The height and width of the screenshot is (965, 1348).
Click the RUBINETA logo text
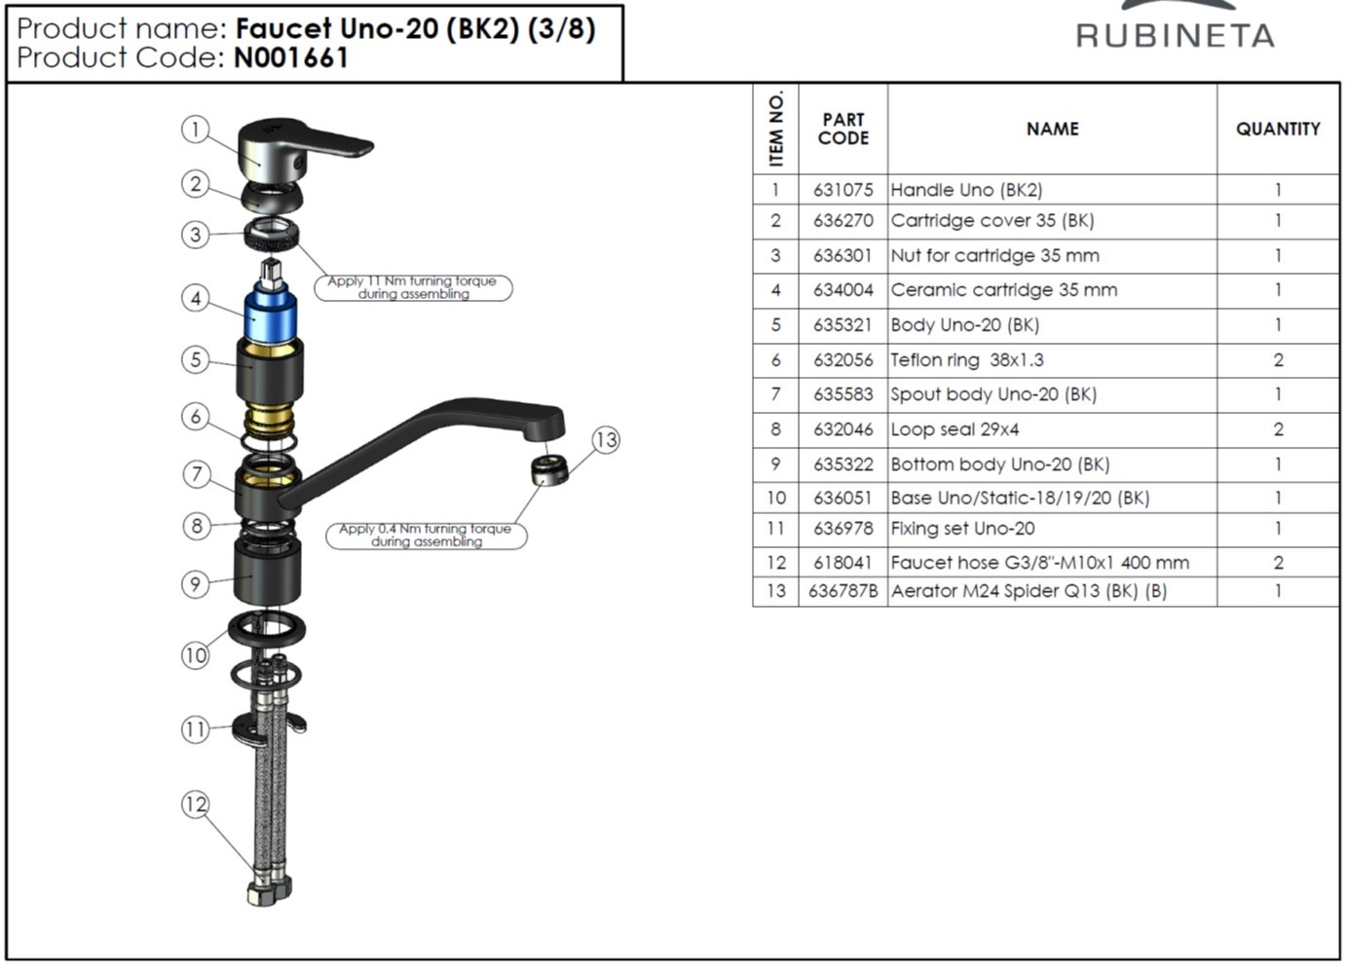[1175, 35]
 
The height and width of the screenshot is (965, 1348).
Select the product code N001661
[290, 57]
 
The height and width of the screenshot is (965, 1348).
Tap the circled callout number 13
[606, 440]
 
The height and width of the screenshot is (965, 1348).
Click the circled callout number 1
[196, 130]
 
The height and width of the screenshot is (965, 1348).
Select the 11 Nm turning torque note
[413, 287]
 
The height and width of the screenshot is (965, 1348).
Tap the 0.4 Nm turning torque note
[426, 535]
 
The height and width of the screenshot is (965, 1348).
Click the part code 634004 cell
[843, 290]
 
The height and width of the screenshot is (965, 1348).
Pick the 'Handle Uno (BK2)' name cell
[1052, 190]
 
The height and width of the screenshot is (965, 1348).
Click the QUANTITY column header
[1278, 129]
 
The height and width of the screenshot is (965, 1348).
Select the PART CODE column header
[843, 129]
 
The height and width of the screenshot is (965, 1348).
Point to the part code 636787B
[843, 591]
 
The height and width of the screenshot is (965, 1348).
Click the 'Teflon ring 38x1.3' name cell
[1052, 360]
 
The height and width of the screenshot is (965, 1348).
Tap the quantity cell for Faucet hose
[1278, 563]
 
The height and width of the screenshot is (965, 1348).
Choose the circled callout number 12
[196, 804]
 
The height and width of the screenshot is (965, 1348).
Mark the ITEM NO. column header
[775, 129]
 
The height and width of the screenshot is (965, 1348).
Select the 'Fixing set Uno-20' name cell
[1052, 530]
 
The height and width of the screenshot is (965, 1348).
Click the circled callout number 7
[196, 474]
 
